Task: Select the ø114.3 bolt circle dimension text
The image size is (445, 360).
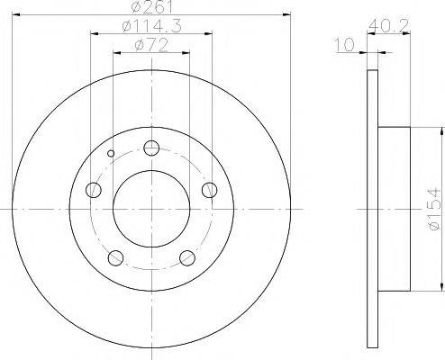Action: click(151, 28)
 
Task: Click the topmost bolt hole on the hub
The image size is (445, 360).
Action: click(151, 148)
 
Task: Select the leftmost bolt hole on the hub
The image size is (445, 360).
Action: click(94, 189)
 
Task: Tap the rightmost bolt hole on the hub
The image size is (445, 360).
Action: click(209, 189)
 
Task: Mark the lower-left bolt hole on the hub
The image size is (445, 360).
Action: click(115, 258)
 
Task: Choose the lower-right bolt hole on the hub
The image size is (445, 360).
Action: click(187, 258)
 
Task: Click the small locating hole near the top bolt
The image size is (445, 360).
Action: click(111, 153)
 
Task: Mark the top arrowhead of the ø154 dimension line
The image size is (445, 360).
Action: click(442, 130)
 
